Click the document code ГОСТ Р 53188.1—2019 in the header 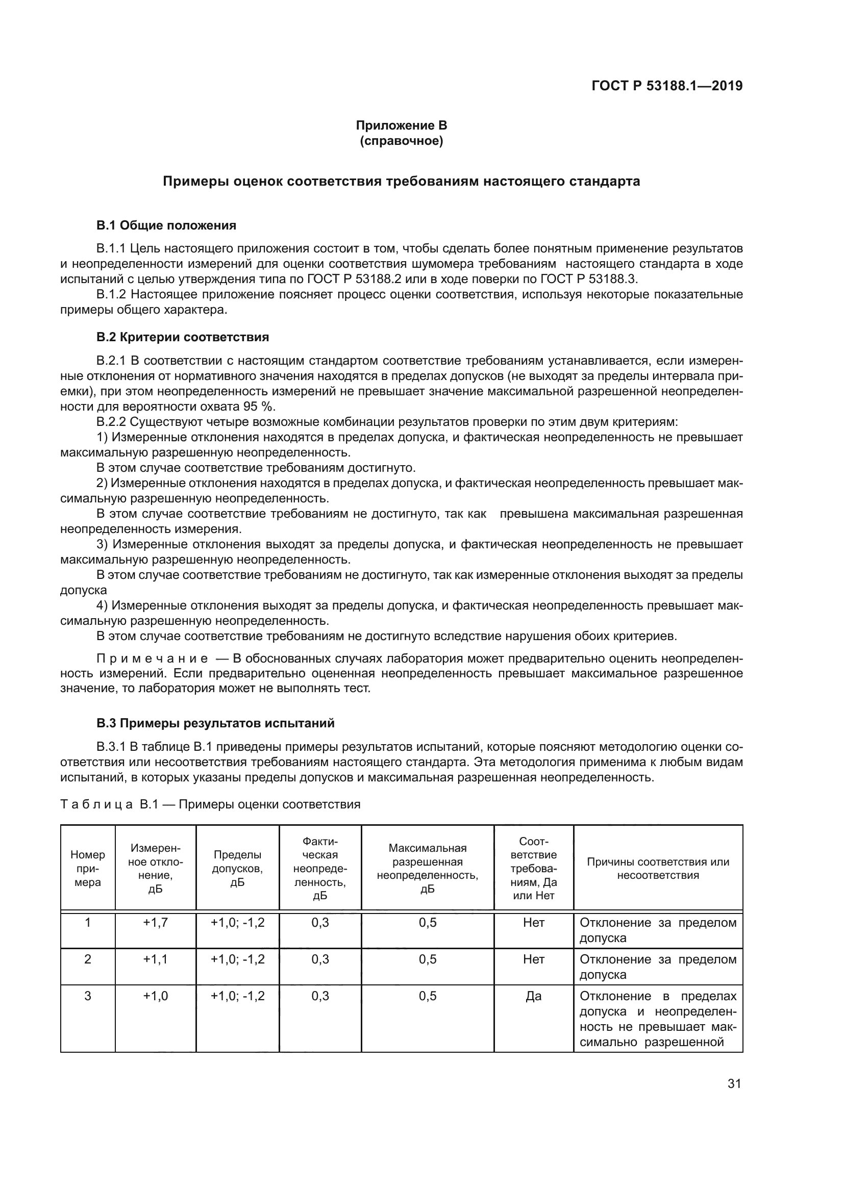[x=667, y=86]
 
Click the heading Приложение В [x=401, y=125]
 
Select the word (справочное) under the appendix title [x=401, y=141]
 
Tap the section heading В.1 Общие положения [x=166, y=225]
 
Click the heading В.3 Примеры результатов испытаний [x=215, y=723]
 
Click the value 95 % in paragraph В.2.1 [x=259, y=407]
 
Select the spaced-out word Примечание [x=152, y=658]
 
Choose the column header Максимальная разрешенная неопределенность [x=427, y=868]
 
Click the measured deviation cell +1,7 [x=156, y=922]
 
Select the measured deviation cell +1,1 [x=156, y=959]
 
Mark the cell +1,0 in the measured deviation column [x=156, y=996]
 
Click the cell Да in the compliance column [x=534, y=996]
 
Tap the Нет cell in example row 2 [x=534, y=959]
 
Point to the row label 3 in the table [x=88, y=996]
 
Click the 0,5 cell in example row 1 [x=427, y=922]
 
